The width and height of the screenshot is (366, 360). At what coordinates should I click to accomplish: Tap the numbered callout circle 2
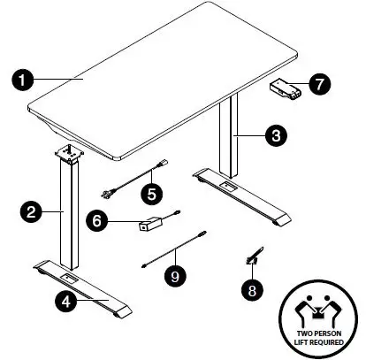[31, 211]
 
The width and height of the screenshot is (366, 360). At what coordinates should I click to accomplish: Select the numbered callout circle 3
[277, 135]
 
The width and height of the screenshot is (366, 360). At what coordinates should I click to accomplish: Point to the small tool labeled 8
[252, 256]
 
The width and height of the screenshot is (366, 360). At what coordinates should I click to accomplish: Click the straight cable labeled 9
[174, 248]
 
